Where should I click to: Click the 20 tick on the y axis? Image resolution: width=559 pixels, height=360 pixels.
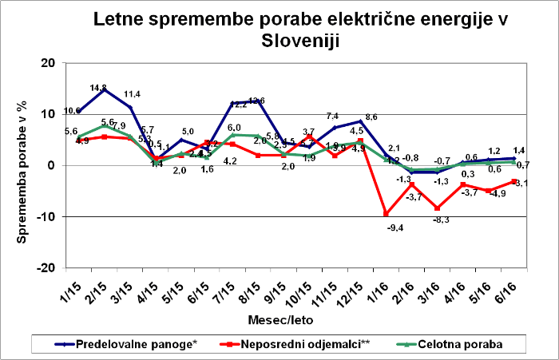coord(47,63)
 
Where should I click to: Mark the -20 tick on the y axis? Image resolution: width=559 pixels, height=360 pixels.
coord(45,267)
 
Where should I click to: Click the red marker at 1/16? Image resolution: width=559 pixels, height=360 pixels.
coord(387,213)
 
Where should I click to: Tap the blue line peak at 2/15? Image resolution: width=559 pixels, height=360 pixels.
coord(104,89)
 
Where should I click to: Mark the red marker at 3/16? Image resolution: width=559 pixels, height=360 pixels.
coord(438,208)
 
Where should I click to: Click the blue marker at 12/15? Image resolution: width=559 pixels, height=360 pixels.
coord(361,121)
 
